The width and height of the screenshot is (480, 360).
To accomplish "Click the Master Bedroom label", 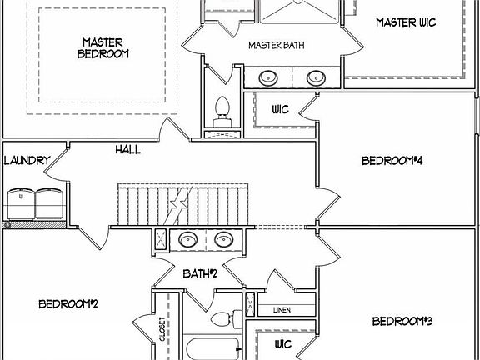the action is [x=102, y=48].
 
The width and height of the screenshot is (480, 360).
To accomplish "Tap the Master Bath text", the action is [x=277, y=45].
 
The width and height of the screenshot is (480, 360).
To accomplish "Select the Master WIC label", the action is [x=406, y=22].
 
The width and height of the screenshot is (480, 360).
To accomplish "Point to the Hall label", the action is [x=128, y=150].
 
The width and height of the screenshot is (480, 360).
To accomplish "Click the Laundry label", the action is [x=27, y=160].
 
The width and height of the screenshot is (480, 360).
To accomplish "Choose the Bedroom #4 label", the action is [x=392, y=160].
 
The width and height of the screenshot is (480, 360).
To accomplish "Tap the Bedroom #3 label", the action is [x=402, y=321].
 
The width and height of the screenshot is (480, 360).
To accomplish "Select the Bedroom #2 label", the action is [x=68, y=304].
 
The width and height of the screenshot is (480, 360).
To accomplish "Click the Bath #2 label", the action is [x=200, y=273].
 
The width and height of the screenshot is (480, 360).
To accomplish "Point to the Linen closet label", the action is [x=282, y=310].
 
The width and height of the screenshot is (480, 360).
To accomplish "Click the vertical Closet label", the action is [x=162, y=329].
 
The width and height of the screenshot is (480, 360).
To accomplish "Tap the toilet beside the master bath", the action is [x=222, y=112].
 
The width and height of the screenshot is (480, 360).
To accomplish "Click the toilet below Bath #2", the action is [x=226, y=318].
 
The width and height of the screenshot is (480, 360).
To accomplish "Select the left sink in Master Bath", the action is [x=268, y=78].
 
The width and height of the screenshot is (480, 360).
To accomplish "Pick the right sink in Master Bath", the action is [x=316, y=78].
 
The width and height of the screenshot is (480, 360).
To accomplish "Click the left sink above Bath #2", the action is [x=188, y=239].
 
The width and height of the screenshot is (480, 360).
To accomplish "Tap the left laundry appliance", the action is [x=21, y=204].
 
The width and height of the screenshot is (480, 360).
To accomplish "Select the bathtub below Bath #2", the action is [x=213, y=349].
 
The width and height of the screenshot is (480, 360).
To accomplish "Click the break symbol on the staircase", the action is [x=178, y=204].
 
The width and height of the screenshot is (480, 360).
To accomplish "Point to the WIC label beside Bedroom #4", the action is [x=280, y=109].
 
